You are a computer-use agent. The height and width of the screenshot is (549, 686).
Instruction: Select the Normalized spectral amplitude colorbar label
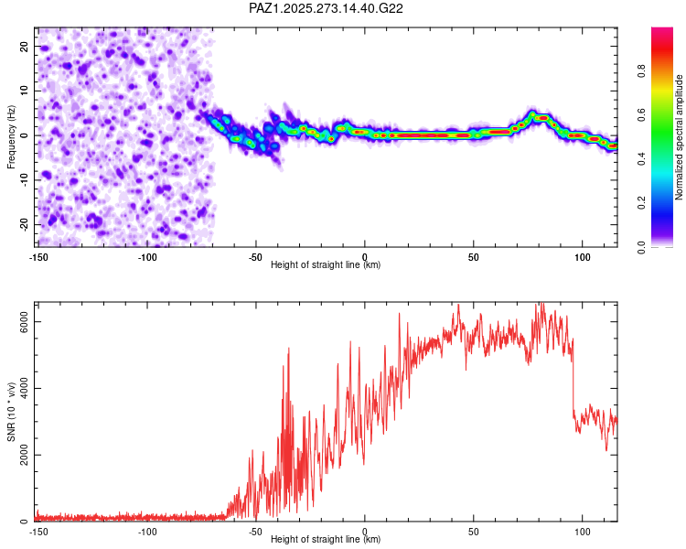(680, 137)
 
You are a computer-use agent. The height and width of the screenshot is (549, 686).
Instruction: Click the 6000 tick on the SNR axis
(18, 321)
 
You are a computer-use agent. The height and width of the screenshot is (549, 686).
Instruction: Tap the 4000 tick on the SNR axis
(18, 388)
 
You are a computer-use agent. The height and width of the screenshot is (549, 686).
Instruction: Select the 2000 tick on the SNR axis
(18, 455)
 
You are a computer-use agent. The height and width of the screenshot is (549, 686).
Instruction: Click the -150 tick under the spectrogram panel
(38, 256)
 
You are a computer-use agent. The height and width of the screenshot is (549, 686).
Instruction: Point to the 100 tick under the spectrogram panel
(583, 256)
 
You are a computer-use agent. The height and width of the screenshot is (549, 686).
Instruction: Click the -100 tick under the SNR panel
(147, 531)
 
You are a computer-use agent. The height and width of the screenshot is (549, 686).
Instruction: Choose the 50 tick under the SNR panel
(474, 531)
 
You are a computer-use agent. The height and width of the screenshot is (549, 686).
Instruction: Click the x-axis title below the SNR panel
(327, 540)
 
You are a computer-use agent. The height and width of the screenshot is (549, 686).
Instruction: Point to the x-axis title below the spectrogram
(327, 265)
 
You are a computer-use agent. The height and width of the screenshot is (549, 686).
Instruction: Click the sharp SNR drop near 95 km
(573, 384)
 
